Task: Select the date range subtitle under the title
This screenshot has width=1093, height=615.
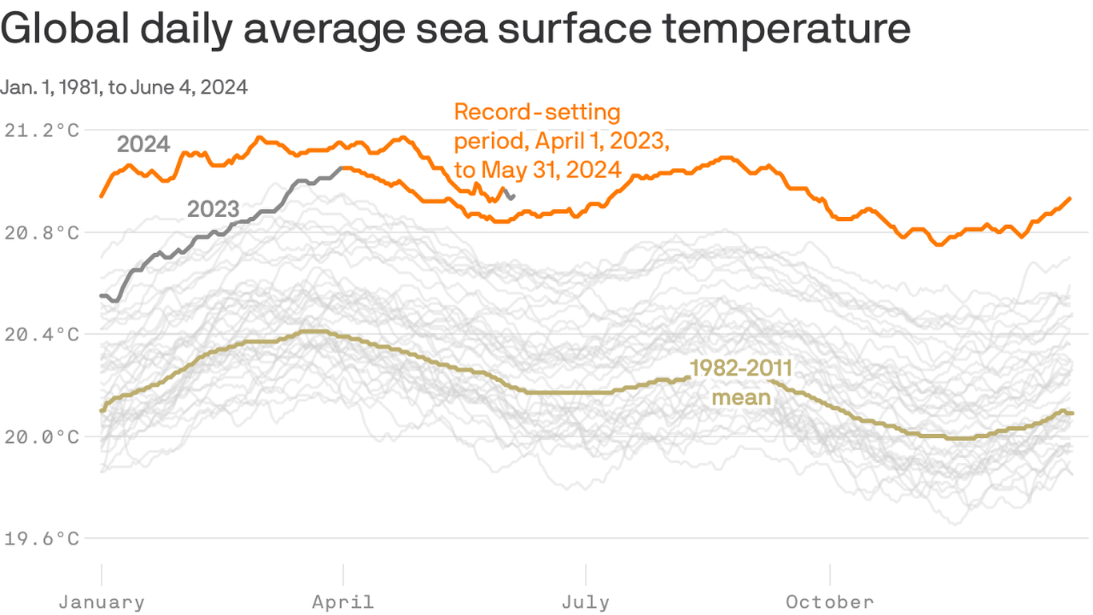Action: click(x=124, y=87)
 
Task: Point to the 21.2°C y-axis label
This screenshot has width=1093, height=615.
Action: click(x=42, y=130)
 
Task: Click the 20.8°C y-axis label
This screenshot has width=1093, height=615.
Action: click(x=42, y=232)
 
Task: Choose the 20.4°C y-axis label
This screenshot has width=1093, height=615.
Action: click(x=42, y=334)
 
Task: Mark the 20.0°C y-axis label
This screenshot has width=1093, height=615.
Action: click(x=42, y=436)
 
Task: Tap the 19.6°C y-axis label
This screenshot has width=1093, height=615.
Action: click(x=42, y=538)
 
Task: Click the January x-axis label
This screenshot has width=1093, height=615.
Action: click(x=102, y=601)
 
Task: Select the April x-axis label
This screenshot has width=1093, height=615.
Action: click(x=343, y=601)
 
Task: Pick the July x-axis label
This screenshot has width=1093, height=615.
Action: click(x=586, y=601)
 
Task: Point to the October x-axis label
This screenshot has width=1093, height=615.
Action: click(x=830, y=601)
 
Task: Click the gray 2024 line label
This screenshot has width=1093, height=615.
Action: click(x=143, y=144)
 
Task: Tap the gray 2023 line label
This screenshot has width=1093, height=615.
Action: click(x=213, y=209)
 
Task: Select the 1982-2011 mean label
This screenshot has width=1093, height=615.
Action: click(x=741, y=382)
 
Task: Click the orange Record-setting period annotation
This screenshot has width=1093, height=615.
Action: click(x=560, y=141)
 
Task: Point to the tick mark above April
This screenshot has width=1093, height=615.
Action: click(x=343, y=574)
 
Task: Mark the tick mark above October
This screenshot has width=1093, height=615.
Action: click(x=830, y=574)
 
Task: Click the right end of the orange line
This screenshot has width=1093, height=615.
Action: click(x=1070, y=199)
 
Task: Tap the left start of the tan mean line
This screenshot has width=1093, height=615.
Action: click(x=102, y=410)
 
